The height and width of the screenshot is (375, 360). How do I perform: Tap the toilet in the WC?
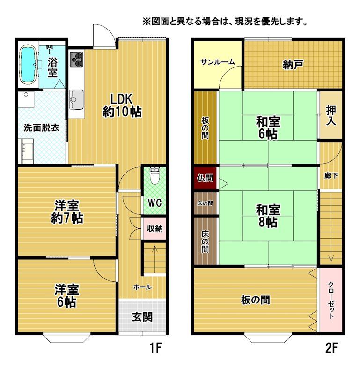pyautogui.click(x=154, y=176)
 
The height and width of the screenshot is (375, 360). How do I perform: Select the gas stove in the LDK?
pyautogui.click(x=76, y=60)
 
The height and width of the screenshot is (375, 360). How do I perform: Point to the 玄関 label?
pyautogui.click(x=141, y=317)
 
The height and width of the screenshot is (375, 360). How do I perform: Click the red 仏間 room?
pyautogui.click(x=205, y=178)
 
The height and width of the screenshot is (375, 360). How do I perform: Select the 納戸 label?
pyautogui.click(x=293, y=65)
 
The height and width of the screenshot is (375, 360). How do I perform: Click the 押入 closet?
pyautogui.click(x=331, y=115)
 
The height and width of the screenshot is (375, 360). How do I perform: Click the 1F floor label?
pyautogui.click(x=155, y=348)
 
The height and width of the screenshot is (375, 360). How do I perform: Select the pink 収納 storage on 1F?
pyautogui.click(x=154, y=229)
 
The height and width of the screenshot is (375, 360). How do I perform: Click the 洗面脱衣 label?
pyautogui.click(x=41, y=127)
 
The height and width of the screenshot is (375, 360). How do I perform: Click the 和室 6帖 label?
pyautogui.click(x=268, y=127)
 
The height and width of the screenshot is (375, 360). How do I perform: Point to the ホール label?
pyautogui.click(x=142, y=287)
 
